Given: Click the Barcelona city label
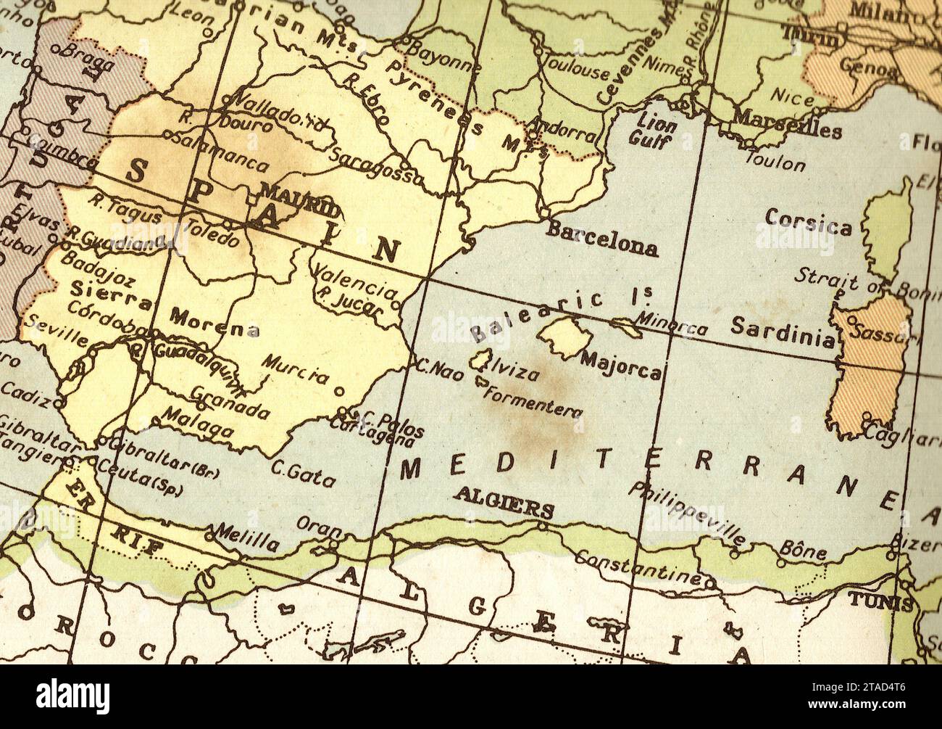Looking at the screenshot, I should pos(601,239).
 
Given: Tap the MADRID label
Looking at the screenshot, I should pos(299,201).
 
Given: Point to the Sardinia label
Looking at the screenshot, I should pos(781,331).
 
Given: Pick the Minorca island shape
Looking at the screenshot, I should pos(626,326).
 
